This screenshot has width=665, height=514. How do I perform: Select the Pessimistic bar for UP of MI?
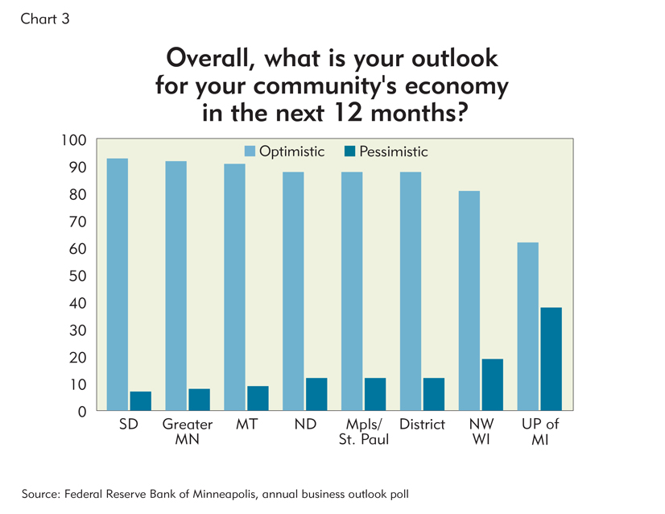[x=551, y=359]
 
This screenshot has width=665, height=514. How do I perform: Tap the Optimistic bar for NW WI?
[x=469, y=301]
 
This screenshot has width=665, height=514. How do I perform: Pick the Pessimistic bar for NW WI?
[x=492, y=385]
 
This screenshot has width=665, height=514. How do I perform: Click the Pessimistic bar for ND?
[x=316, y=395]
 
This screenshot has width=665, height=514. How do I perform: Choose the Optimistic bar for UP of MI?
[x=528, y=327]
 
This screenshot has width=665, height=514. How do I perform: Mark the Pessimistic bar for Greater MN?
[x=199, y=400]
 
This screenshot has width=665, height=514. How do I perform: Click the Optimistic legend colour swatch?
[x=250, y=151]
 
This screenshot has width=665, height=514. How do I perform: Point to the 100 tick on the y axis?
[x=73, y=141]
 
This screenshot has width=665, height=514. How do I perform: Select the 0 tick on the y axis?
[x=81, y=412]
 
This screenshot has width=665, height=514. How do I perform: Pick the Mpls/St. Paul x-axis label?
[x=364, y=432]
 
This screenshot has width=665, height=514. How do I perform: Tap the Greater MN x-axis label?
[x=188, y=432]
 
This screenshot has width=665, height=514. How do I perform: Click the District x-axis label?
[x=423, y=425]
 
